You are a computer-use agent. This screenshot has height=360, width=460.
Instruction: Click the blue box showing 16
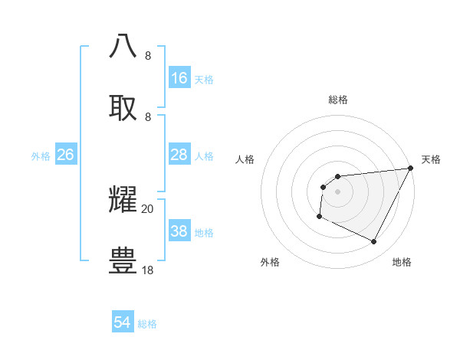click(x=179, y=78)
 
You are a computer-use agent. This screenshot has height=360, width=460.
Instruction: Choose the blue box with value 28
click(x=179, y=155)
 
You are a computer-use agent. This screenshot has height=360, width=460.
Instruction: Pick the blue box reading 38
click(x=179, y=231)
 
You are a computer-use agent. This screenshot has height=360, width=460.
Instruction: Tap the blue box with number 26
click(x=65, y=155)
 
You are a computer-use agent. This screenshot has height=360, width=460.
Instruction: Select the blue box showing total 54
click(x=123, y=322)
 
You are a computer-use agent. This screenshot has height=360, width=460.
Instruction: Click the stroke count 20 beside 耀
click(x=148, y=208)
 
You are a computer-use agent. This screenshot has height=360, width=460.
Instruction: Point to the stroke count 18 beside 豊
click(x=148, y=270)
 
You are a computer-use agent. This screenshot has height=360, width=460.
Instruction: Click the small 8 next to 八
click(x=148, y=55)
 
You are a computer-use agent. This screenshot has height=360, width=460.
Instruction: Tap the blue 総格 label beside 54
click(x=147, y=324)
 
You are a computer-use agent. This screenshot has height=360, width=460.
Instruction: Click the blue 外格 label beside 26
click(x=41, y=156)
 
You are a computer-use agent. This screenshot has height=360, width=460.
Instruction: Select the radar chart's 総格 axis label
click(x=337, y=100)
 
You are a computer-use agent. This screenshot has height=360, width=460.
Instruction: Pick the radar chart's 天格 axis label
click(x=431, y=159)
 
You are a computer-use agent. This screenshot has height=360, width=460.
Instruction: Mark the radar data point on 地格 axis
click(x=374, y=242)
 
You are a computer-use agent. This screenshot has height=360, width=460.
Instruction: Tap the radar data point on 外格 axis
click(x=319, y=217)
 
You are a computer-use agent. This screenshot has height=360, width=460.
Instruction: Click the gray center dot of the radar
click(x=337, y=191)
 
